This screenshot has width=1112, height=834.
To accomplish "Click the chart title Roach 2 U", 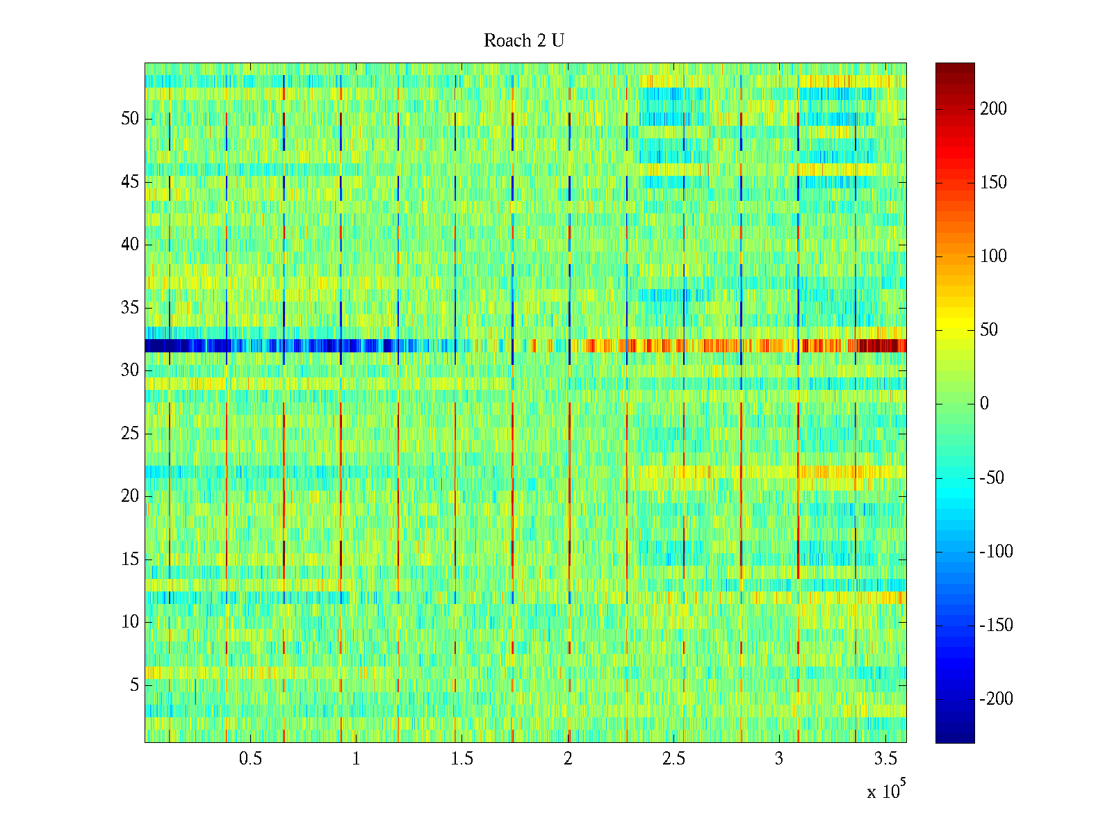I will (524, 41).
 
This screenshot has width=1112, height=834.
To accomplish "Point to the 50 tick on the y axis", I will (130, 119).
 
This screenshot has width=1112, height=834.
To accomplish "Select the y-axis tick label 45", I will (130, 182).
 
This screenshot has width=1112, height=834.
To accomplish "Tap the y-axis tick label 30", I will (130, 370).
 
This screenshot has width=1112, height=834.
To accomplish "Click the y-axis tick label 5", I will (134, 685).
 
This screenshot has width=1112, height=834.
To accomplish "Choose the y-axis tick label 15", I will (130, 559).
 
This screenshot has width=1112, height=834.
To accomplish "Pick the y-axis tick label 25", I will (130, 434).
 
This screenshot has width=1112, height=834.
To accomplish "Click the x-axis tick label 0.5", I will (250, 759).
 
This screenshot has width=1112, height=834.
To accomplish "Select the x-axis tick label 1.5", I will (462, 759).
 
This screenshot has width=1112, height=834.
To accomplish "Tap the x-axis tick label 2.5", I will (673, 759).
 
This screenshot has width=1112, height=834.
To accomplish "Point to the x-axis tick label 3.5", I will (885, 759).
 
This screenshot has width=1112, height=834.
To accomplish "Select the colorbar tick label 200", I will (993, 109).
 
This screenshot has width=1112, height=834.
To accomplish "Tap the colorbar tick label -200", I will (996, 699).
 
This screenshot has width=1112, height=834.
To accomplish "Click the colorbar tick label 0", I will (984, 404).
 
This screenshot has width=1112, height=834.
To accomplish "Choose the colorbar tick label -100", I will (996, 552).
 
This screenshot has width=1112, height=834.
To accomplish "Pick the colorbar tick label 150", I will (993, 183).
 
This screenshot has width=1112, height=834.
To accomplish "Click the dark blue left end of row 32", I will (160, 345).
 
